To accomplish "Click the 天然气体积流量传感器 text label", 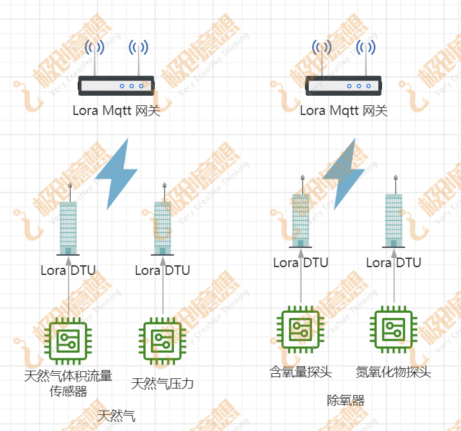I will pyautogui.click(x=68, y=383).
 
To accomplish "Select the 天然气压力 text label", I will pyautogui.click(x=162, y=384).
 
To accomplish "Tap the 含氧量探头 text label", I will pyautogui.click(x=300, y=372).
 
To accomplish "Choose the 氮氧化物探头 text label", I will pyautogui.click(x=394, y=372).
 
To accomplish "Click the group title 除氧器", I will pyautogui.click(x=345, y=401).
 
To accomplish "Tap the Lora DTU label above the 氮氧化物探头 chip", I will pyautogui.click(x=394, y=263).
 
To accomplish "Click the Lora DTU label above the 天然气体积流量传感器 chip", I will pyautogui.click(x=68, y=270).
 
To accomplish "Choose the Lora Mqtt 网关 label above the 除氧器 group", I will pyautogui.click(x=344, y=110).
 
